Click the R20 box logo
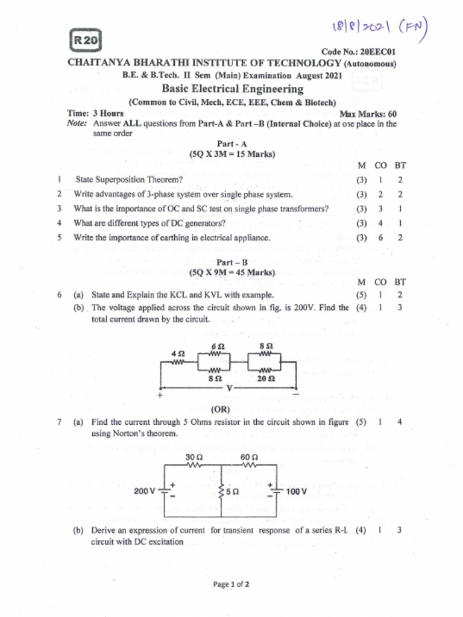point(87,41)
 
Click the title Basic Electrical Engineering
point(232,89)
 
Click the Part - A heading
point(232,145)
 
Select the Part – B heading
point(232,262)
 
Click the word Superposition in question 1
point(130,180)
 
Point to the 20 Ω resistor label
point(266,380)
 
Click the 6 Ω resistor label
point(217,347)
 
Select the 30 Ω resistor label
point(193,457)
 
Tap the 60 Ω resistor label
point(249,457)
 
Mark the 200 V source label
point(145,491)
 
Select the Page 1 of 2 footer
point(232,584)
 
